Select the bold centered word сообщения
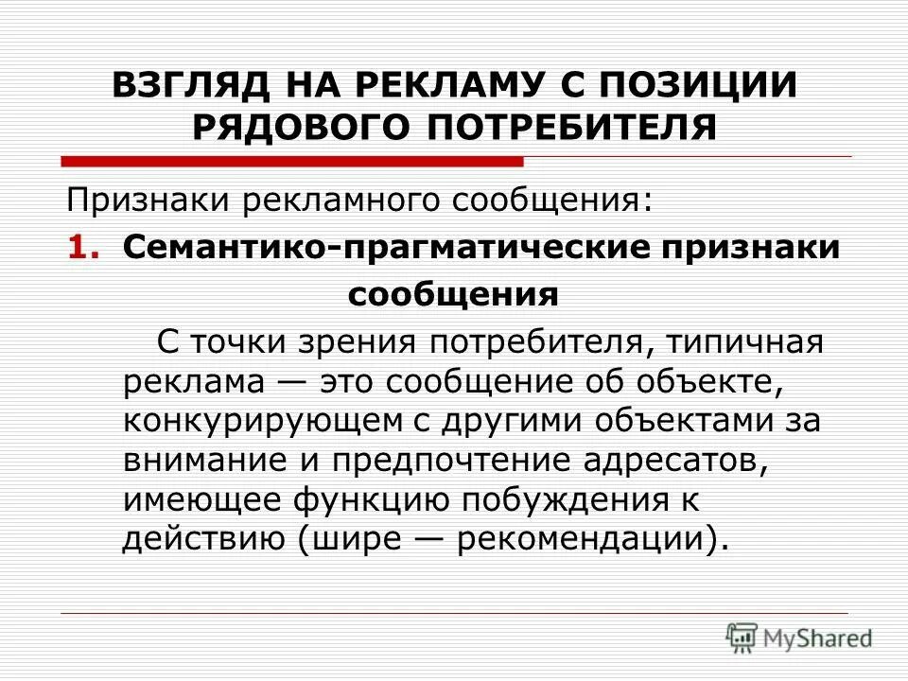453,295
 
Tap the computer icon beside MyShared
742,637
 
